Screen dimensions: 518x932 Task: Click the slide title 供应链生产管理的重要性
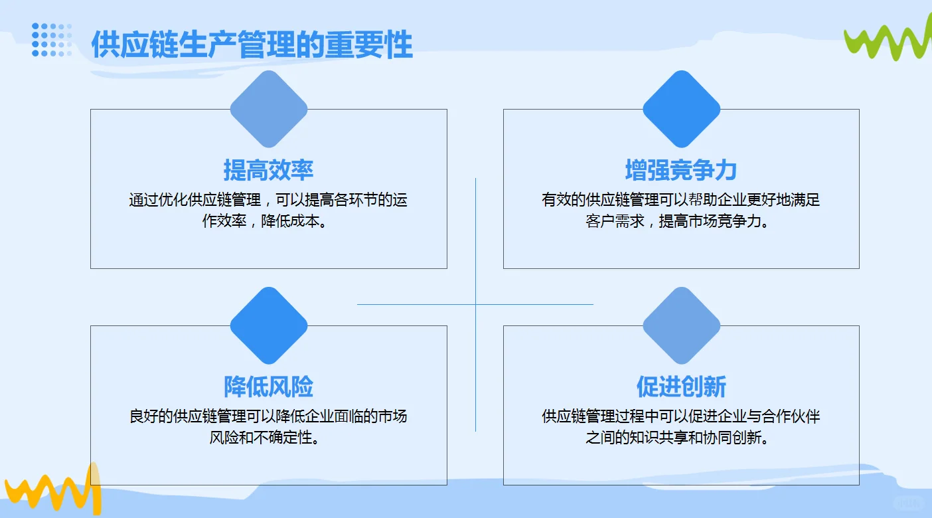click(x=252, y=44)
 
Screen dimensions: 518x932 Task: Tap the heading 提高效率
click(x=268, y=170)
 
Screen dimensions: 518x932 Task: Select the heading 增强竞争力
click(x=681, y=170)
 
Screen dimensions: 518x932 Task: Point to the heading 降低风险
click(x=268, y=387)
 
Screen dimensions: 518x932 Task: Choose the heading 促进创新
click(x=681, y=387)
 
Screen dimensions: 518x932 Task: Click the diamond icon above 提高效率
click(x=268, y=109)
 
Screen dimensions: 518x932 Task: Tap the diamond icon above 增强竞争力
click(x=681, y=109)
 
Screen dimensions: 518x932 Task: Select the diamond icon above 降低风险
click(x=268, y=325)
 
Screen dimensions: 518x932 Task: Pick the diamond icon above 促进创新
click(x=681, y=325)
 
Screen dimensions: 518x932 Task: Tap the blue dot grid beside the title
click(x=52, y=40)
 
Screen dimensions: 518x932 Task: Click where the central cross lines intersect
click(x=475, y=304)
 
